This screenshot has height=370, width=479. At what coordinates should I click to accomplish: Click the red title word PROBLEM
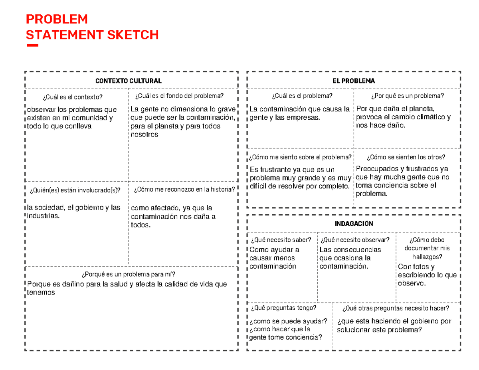coord(56,20)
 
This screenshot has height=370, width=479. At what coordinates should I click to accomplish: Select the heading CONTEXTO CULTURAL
coord(129,81)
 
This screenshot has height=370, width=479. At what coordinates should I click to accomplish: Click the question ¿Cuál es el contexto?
coord(72,97)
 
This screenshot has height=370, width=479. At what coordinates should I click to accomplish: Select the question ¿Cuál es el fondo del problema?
coord(180,96)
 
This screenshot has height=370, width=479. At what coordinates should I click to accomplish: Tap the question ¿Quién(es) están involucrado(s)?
coord(75,190)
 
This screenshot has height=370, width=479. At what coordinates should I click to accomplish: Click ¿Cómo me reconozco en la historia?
coord(184,190)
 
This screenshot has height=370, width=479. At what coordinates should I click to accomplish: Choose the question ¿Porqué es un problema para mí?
coord(129,274)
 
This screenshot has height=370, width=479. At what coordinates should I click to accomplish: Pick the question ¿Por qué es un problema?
coord(407,96)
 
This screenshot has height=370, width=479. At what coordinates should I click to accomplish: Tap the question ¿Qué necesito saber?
coord(281,240)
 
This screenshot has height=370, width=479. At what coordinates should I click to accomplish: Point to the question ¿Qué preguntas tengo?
coord(283,308)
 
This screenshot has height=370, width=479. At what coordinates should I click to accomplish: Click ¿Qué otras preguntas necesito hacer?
coord(396,308)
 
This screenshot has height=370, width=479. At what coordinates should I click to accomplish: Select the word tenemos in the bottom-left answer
coord(41,293)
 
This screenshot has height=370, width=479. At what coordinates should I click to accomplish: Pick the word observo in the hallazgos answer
coord(411,283)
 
